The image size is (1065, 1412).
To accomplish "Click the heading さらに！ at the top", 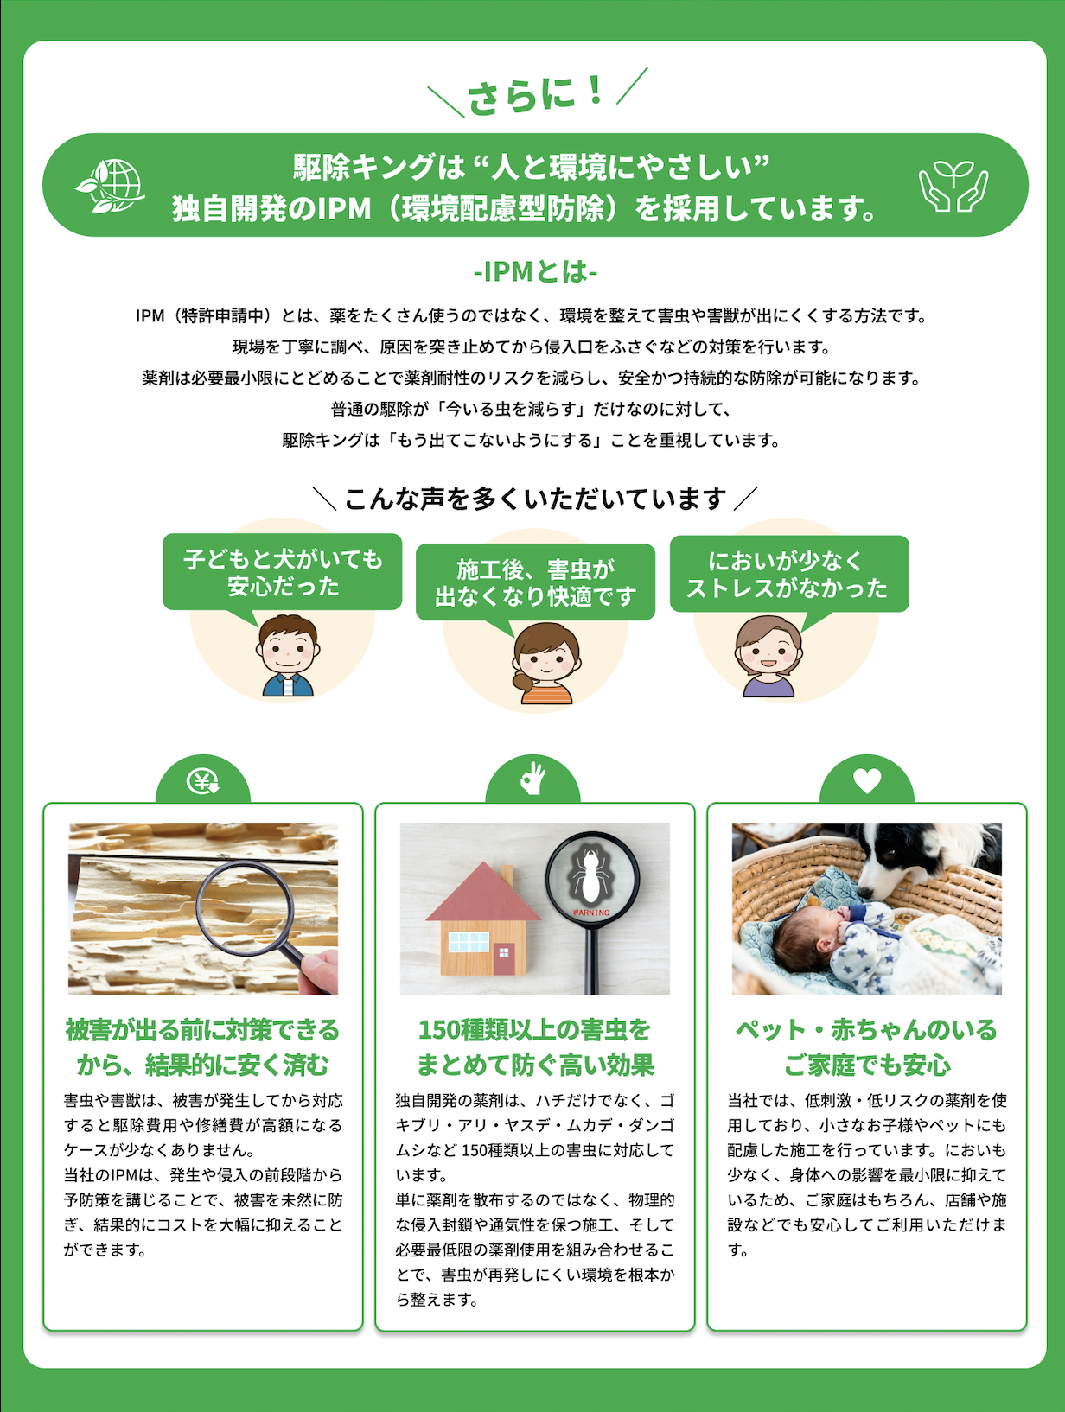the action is pos(536,94).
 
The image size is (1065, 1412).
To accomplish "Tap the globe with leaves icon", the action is pos(110,185).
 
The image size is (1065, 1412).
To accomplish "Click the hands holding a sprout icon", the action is pos(953,186).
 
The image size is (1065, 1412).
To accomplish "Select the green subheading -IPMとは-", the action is pos(535,272).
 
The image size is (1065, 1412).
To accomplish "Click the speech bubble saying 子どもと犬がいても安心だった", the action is pos(283,572).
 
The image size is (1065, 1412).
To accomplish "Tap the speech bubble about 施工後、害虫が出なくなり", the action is pos(535,582).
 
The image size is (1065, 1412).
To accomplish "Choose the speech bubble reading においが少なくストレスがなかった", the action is pos(789,574).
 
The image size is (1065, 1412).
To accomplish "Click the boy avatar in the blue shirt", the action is pos(288,656).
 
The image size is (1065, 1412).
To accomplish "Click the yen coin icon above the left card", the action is pos(202,781).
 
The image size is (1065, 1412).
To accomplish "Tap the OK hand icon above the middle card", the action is pos(532,779).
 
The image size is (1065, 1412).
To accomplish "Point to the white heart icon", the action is pos(867,780).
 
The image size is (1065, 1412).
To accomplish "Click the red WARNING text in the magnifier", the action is pos(590,913).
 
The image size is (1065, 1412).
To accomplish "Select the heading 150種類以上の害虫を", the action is pos(535,1030).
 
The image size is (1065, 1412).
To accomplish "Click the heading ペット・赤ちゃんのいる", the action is pos(866,1030).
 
